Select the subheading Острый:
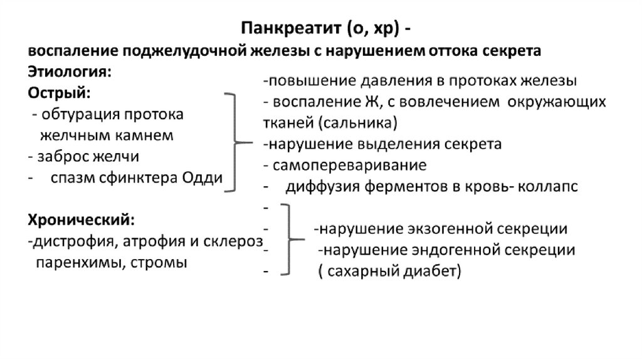(60, 93)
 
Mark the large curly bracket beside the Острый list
(234, 142)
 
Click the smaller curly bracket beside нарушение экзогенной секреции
(287, 239)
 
